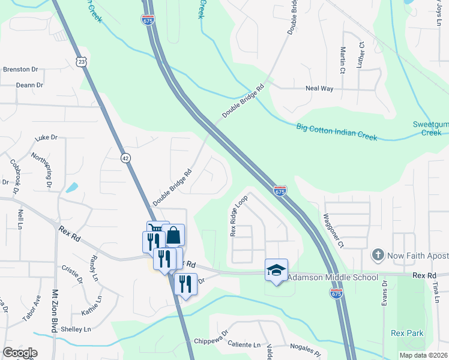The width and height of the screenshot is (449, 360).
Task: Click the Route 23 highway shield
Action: pyautogui.click(x=82, y=62)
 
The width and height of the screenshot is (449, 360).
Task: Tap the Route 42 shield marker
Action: pyautogui.click(x=125, y=158)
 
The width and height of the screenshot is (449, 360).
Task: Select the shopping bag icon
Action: pyautogui.click(x=173, y=235)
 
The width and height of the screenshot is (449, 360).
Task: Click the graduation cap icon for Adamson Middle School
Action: pyautogui.click(x=276, y=270)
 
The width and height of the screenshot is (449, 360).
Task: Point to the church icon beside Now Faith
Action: pyautogui.click(x=378, y=256)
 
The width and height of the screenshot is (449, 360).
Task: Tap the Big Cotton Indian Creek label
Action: pyautogui.click(x=336, y=132)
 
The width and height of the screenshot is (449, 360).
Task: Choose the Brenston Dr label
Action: pyautogui.click(x=20, y=70)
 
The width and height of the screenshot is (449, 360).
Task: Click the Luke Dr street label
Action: pyautogui.click(x=46, y=137)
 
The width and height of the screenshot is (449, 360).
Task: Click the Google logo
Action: pyautogui.click(x=20, y=353)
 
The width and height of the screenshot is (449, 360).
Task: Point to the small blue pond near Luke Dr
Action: pyautogui.click(x=71, y=187)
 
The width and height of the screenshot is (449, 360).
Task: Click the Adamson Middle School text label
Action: pyautogui.click(x=333, y=277)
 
